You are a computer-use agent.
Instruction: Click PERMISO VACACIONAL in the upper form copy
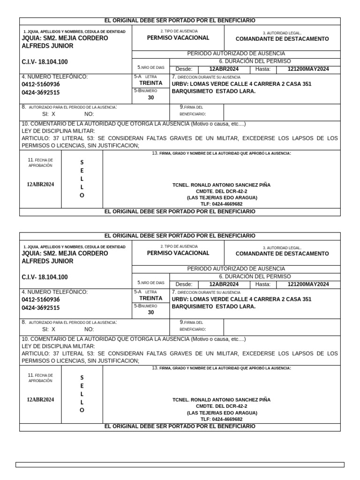(178, 38)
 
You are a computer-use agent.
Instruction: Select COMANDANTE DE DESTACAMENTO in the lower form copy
(282, 254)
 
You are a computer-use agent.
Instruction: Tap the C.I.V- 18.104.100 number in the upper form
(45, 62)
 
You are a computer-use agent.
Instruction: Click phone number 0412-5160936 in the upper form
(41, 84)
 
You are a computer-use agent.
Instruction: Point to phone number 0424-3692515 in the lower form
(41, 308)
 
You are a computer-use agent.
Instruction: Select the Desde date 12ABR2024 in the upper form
(224, 69)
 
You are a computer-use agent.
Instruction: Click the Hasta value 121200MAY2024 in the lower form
(308, 284)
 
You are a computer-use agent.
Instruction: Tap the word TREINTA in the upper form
(151, 83)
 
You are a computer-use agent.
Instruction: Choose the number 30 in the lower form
(151, 312)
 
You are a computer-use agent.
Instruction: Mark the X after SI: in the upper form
(53, 114)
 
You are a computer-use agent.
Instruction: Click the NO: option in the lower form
(89, 329)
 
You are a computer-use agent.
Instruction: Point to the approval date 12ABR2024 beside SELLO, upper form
(40, 184)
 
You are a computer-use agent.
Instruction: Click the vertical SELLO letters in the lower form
(82, 394)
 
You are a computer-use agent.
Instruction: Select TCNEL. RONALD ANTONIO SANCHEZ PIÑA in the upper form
(222, 185)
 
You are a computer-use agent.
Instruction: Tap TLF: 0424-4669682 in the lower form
(222, 419)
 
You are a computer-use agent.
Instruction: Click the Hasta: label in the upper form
(263, 69)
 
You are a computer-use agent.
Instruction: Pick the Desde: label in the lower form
(184, 284)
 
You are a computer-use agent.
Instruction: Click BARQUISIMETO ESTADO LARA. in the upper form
(214, 91)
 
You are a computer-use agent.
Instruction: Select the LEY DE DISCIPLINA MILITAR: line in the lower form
(58, 346)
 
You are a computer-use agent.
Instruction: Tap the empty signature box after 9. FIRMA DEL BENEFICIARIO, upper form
(282, 112)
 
